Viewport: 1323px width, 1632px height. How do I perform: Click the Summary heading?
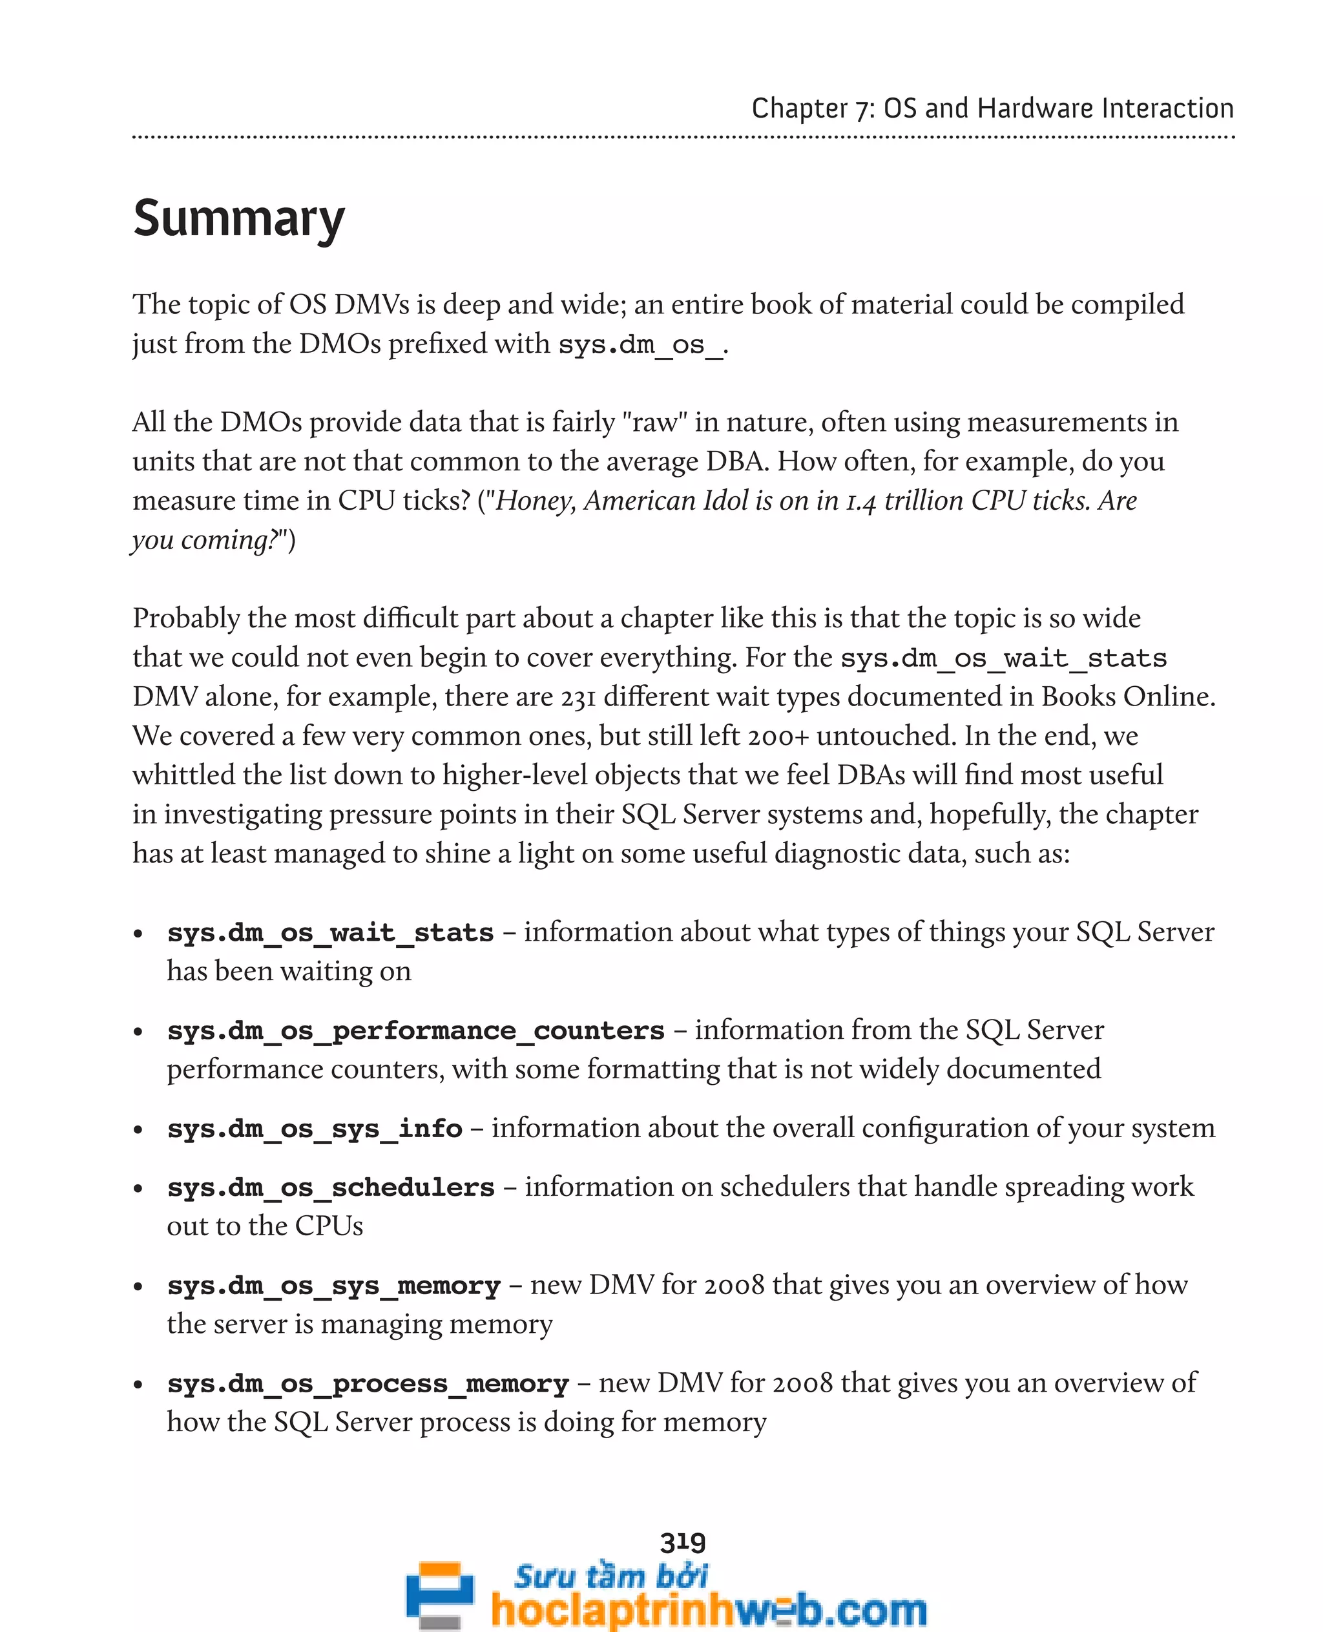238,219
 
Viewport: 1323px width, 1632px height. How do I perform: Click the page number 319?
683,1542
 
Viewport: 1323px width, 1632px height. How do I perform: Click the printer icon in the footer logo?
439,1595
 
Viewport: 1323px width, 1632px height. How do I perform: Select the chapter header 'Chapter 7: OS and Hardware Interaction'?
992,109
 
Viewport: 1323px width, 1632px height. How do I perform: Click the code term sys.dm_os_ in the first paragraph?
640,344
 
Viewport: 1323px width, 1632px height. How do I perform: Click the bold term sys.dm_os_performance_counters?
416,1030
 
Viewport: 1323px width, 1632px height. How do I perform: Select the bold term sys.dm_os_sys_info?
315,1128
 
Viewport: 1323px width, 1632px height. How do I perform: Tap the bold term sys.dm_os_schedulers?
331,1187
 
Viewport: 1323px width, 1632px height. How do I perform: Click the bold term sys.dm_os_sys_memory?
334,1285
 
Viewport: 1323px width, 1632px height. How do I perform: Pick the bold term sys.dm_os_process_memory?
368,1383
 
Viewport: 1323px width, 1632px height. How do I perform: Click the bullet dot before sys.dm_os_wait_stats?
138,934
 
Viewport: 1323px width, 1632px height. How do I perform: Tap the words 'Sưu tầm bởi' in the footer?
610,1575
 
